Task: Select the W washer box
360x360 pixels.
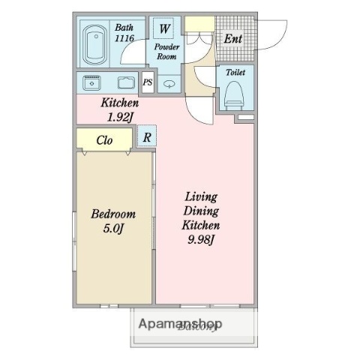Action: pyautogui.click(x=165, y=30)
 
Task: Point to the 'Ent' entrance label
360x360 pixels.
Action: pyautogui.click(x=232, y=37)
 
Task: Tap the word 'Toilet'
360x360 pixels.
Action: pyautogui.click(x=235, y=73)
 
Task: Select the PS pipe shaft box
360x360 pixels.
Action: pyautogui.click(x=148, y=83)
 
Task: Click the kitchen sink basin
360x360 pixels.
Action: pyautogui.click(x=125, y=82)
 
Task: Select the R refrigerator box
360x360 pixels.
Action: pyautogui.click(x=148, y=136)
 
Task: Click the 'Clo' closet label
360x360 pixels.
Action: pyautogui.click(x=104, y=139)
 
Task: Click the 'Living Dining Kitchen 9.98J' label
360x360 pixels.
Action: pyautogui.click(x=200, y=217)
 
